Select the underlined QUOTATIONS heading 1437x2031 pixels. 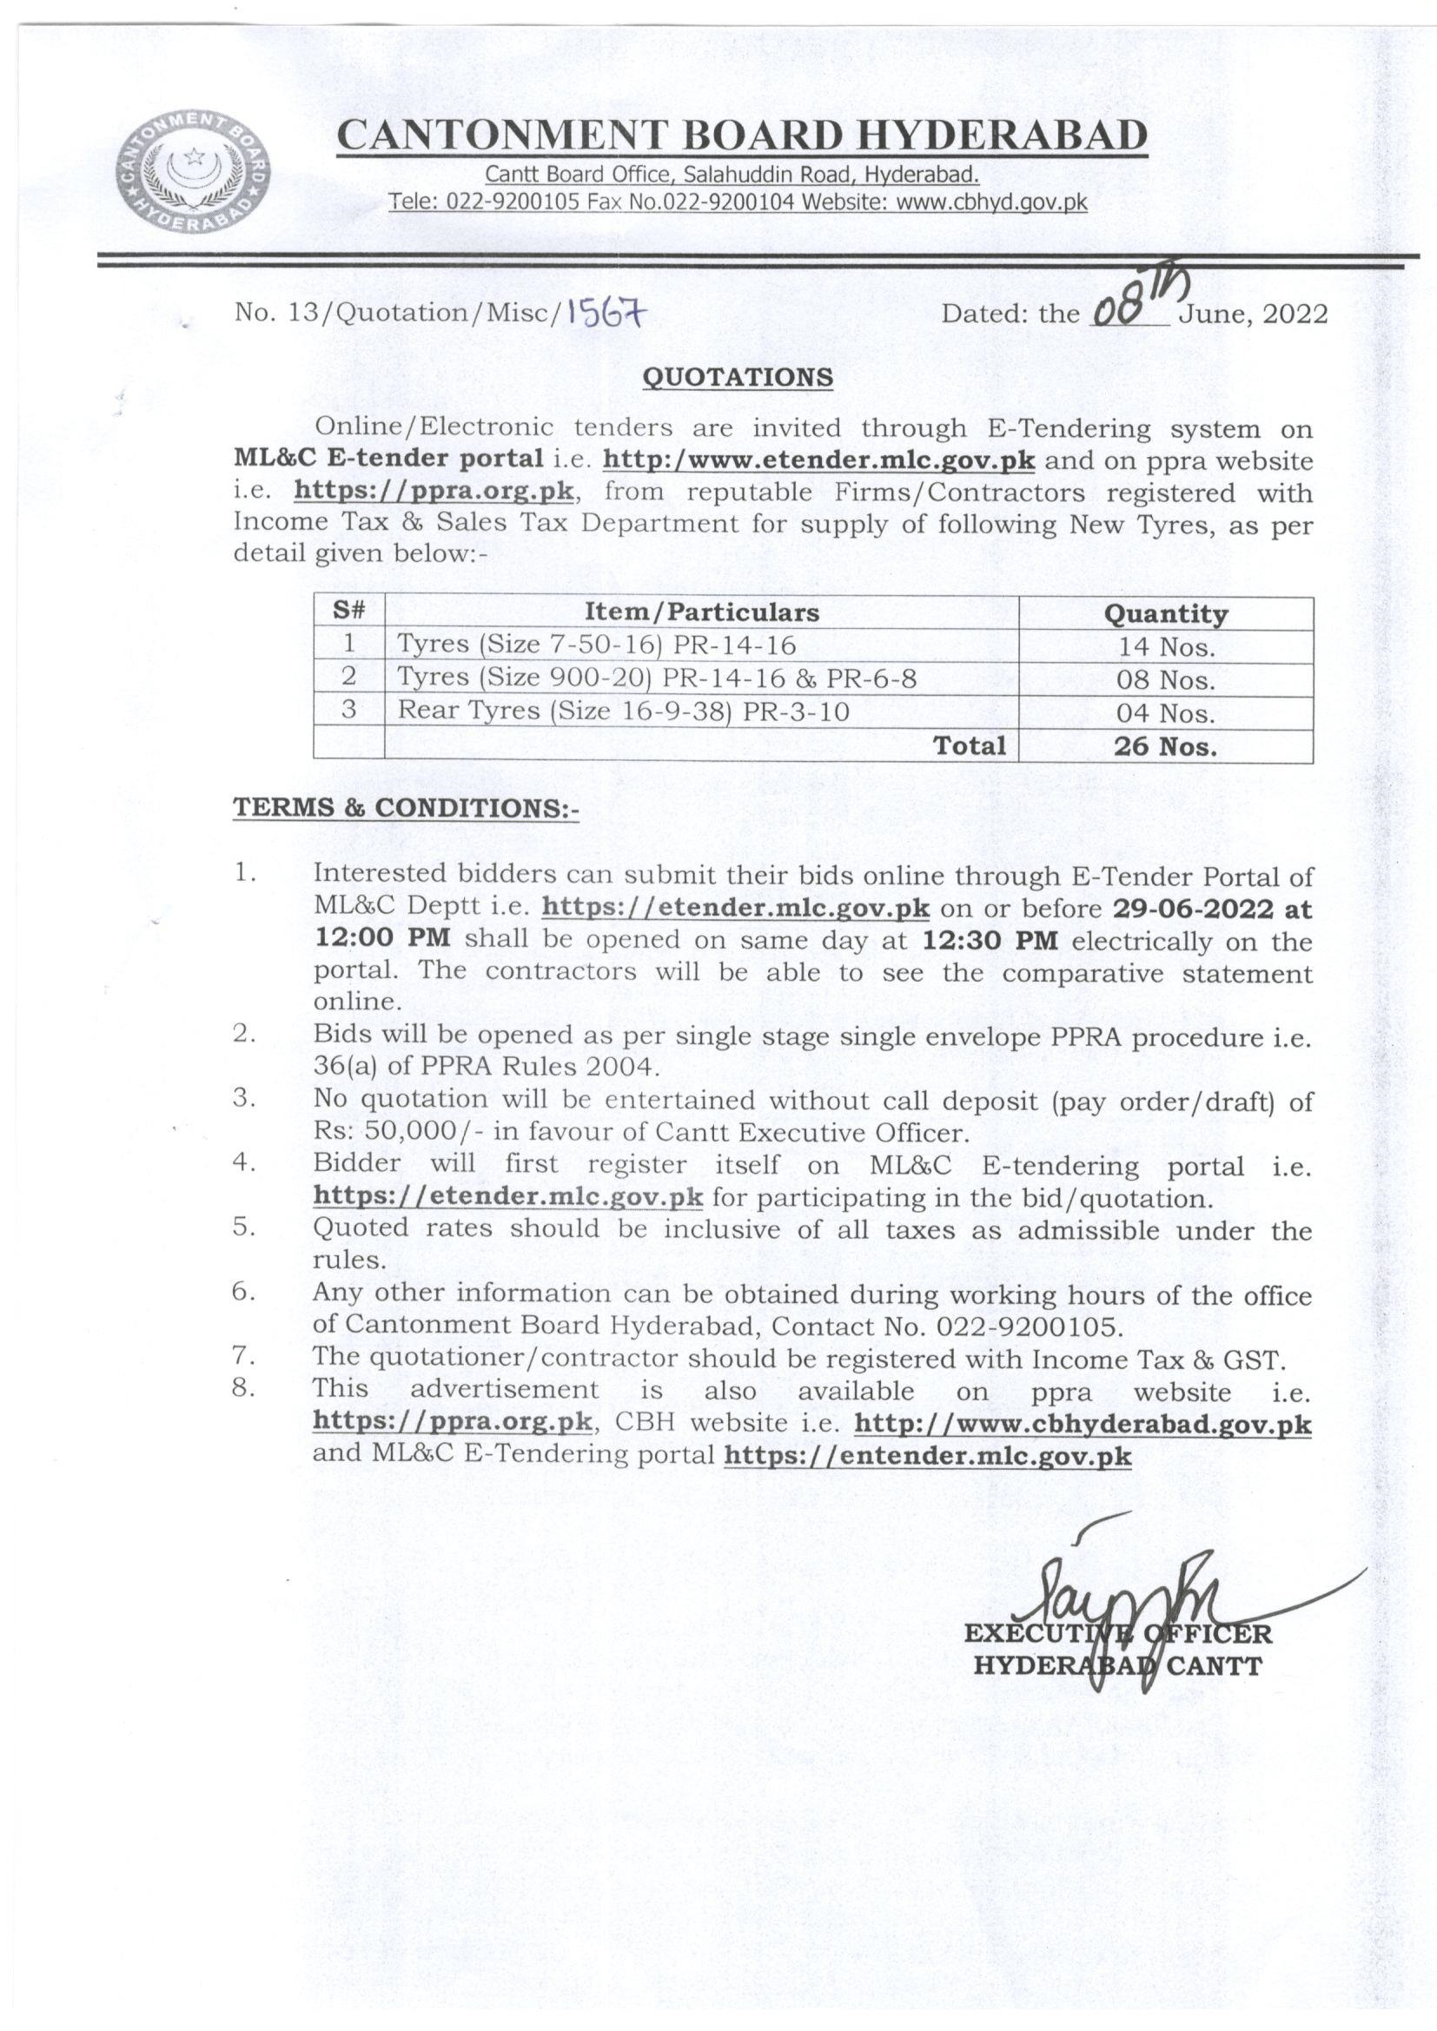tap(737, 377)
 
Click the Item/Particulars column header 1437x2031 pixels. tap(701, 612)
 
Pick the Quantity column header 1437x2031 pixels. tap(1165, 614)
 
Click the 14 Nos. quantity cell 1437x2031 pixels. tap(1165, 646)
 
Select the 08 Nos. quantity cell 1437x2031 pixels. tap(1165, 680)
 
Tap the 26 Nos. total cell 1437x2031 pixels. tap(1165, 746)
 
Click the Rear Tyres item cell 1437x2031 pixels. tap(623, 711)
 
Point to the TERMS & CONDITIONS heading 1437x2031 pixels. tap(405, 808)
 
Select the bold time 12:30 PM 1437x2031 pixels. tap(990, 941)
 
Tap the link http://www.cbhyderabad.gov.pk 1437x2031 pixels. tap(1084, 1424)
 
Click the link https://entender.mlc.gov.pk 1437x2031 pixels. tap(927, 1456)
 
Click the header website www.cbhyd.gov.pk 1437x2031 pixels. tap(992, 202)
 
